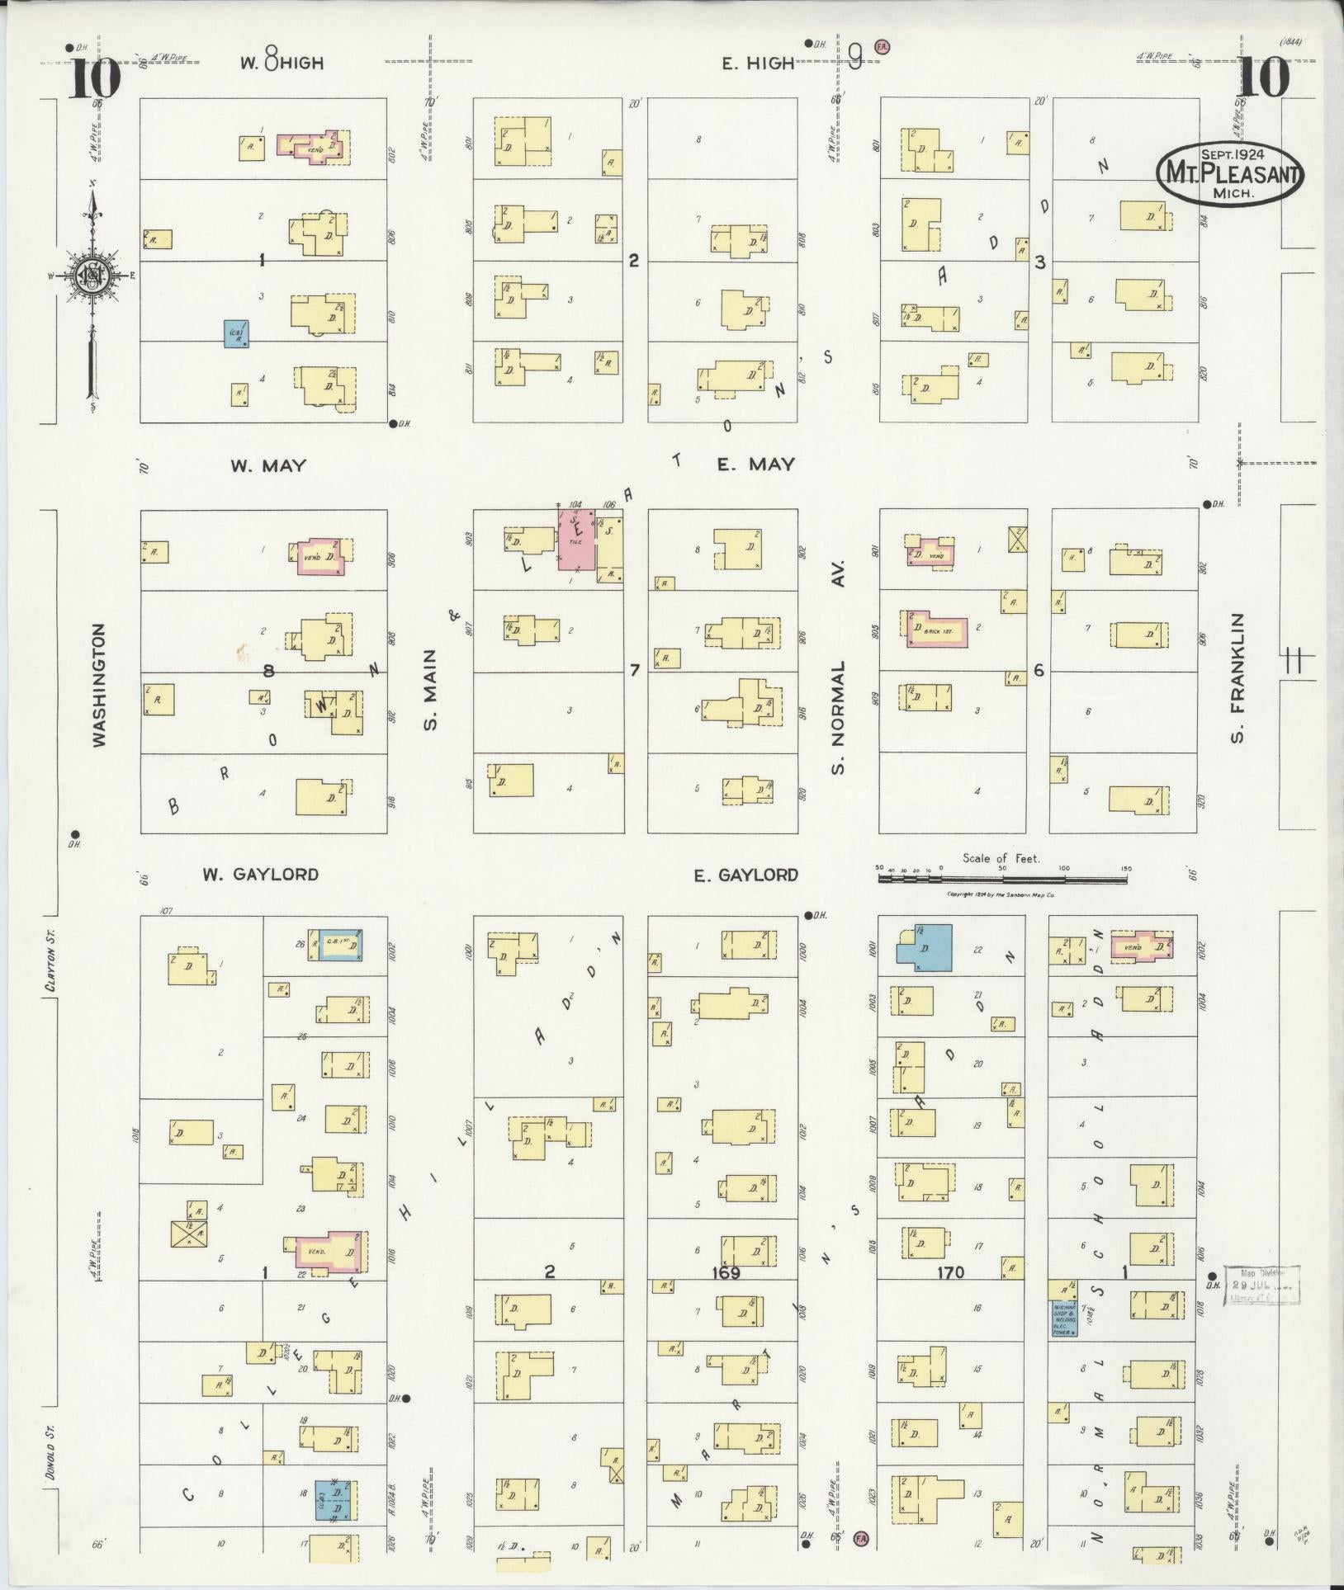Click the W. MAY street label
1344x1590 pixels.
(267, 465)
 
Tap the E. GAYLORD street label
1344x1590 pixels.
(745, 875)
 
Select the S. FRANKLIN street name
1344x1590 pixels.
(1236, 677)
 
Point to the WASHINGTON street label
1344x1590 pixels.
(99, 686)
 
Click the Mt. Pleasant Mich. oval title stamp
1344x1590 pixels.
(1229, 172)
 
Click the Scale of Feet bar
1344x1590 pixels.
(1001, 880)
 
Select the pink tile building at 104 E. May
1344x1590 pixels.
(576, 539)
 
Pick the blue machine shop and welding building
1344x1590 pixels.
(1063, 1318)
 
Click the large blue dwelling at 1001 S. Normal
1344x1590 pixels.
(925, 947)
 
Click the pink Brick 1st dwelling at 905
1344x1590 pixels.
(935, 630)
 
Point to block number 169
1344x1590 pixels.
(725, 1273)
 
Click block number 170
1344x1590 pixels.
(950, 1273)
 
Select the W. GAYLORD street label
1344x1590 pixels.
(261, 875)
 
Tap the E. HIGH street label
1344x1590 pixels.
(758, 64)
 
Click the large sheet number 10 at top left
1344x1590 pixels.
(94, 80)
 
